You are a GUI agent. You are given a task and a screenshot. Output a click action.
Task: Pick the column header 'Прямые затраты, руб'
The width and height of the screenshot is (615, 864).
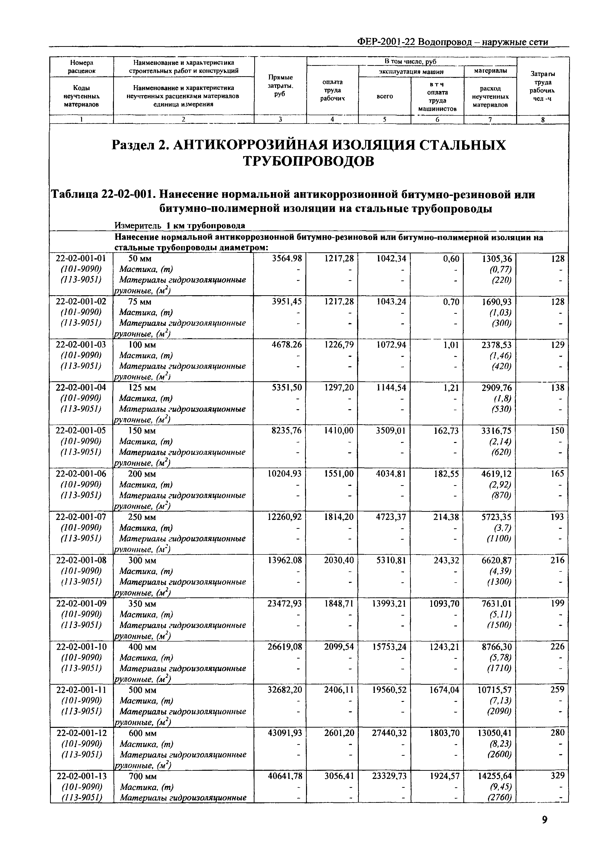280,86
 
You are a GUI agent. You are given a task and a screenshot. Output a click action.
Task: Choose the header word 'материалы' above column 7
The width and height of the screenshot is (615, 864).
490,71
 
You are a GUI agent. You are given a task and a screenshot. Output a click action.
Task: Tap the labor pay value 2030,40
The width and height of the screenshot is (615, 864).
339,560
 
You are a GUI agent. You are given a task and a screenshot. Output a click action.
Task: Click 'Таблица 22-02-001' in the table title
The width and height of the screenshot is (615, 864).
103,195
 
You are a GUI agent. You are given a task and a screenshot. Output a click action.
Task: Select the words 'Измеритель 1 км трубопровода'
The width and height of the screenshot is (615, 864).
180,226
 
